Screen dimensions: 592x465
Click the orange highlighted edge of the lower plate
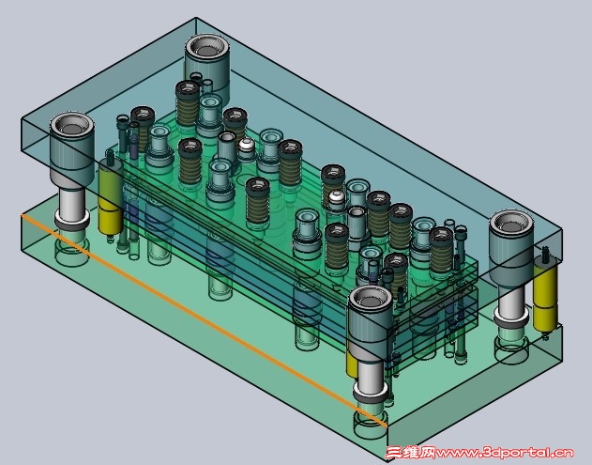[x=204, y=320]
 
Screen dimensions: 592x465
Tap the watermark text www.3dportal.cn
[x=505, y=453]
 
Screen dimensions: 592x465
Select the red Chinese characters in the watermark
[x=410, y=453]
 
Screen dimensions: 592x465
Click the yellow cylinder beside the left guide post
[x=111, y=197]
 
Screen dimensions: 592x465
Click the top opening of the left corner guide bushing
[x=71, y=125]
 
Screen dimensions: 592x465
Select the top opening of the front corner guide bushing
[x=370, y=299]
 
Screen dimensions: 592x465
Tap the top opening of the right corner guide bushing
[x=511, y=223]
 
